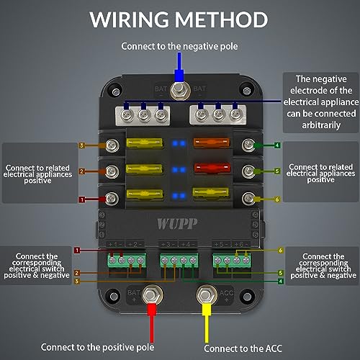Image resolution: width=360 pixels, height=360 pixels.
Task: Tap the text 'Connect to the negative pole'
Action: coord(180,48)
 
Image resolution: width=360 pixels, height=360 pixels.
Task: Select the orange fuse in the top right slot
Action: coord(210,146)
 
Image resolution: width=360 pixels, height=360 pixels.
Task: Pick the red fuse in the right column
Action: coord(210,171)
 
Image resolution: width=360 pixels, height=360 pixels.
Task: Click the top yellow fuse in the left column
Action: coord(148,146)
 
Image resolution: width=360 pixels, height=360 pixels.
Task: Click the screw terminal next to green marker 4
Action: coord(249,146)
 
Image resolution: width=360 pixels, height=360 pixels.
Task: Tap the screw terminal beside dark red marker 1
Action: coord(111,196)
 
